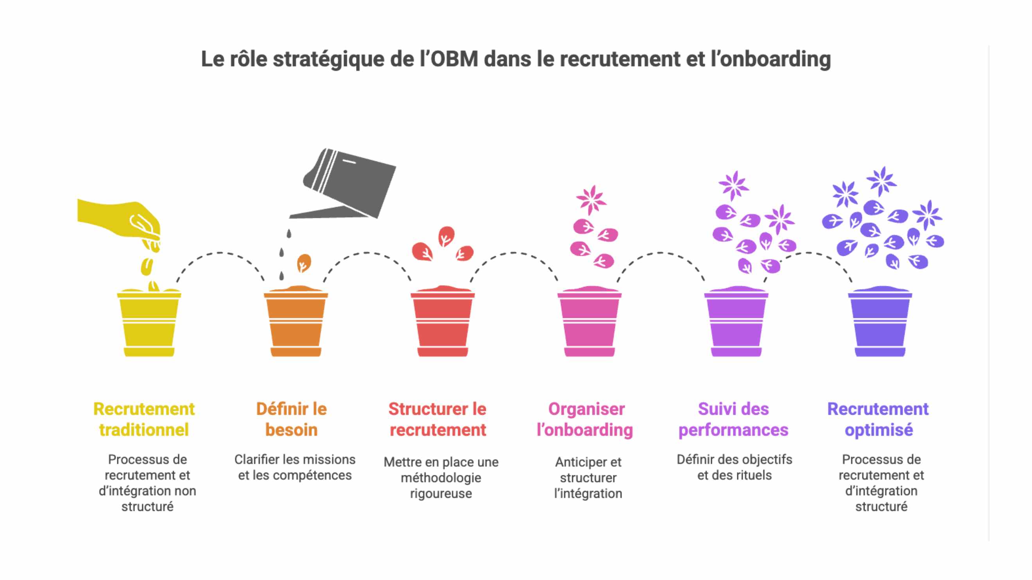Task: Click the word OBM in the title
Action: click(454, 59)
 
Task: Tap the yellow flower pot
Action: click(149, 324)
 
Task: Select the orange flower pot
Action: click(296, 324)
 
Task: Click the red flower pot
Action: click(442, 324)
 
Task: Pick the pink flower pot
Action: click(589, 324)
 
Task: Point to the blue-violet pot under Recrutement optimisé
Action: click(880, 324)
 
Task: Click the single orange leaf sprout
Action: click(304, 263)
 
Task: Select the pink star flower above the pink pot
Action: click(591, 199)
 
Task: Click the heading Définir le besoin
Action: click(291, 419)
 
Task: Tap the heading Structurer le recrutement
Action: click(437, 419)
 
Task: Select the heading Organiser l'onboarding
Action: click(585, 419)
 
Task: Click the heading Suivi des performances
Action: click(733, 419)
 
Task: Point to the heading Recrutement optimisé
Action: click(878, 419)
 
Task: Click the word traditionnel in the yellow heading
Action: click(144, 430)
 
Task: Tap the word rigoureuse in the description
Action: click(441, 494)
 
